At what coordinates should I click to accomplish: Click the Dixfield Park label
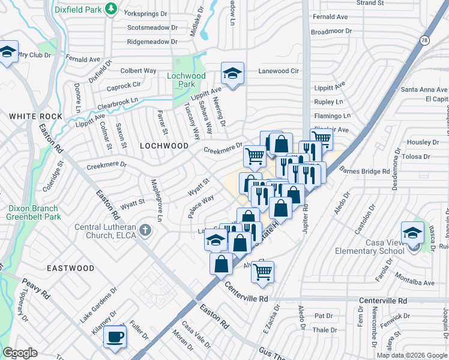point(77,10)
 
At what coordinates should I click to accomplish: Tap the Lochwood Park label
point(186,80)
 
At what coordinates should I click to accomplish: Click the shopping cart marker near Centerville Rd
point(262,271)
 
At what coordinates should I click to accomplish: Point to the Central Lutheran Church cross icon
point(144,230)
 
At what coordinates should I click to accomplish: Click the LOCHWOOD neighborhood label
point(164,146)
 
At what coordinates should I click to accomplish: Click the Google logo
point(20,353)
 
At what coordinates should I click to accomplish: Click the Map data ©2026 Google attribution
point(411,355)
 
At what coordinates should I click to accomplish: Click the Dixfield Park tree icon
point(110,8)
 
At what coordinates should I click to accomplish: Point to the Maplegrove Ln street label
point(155,200)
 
